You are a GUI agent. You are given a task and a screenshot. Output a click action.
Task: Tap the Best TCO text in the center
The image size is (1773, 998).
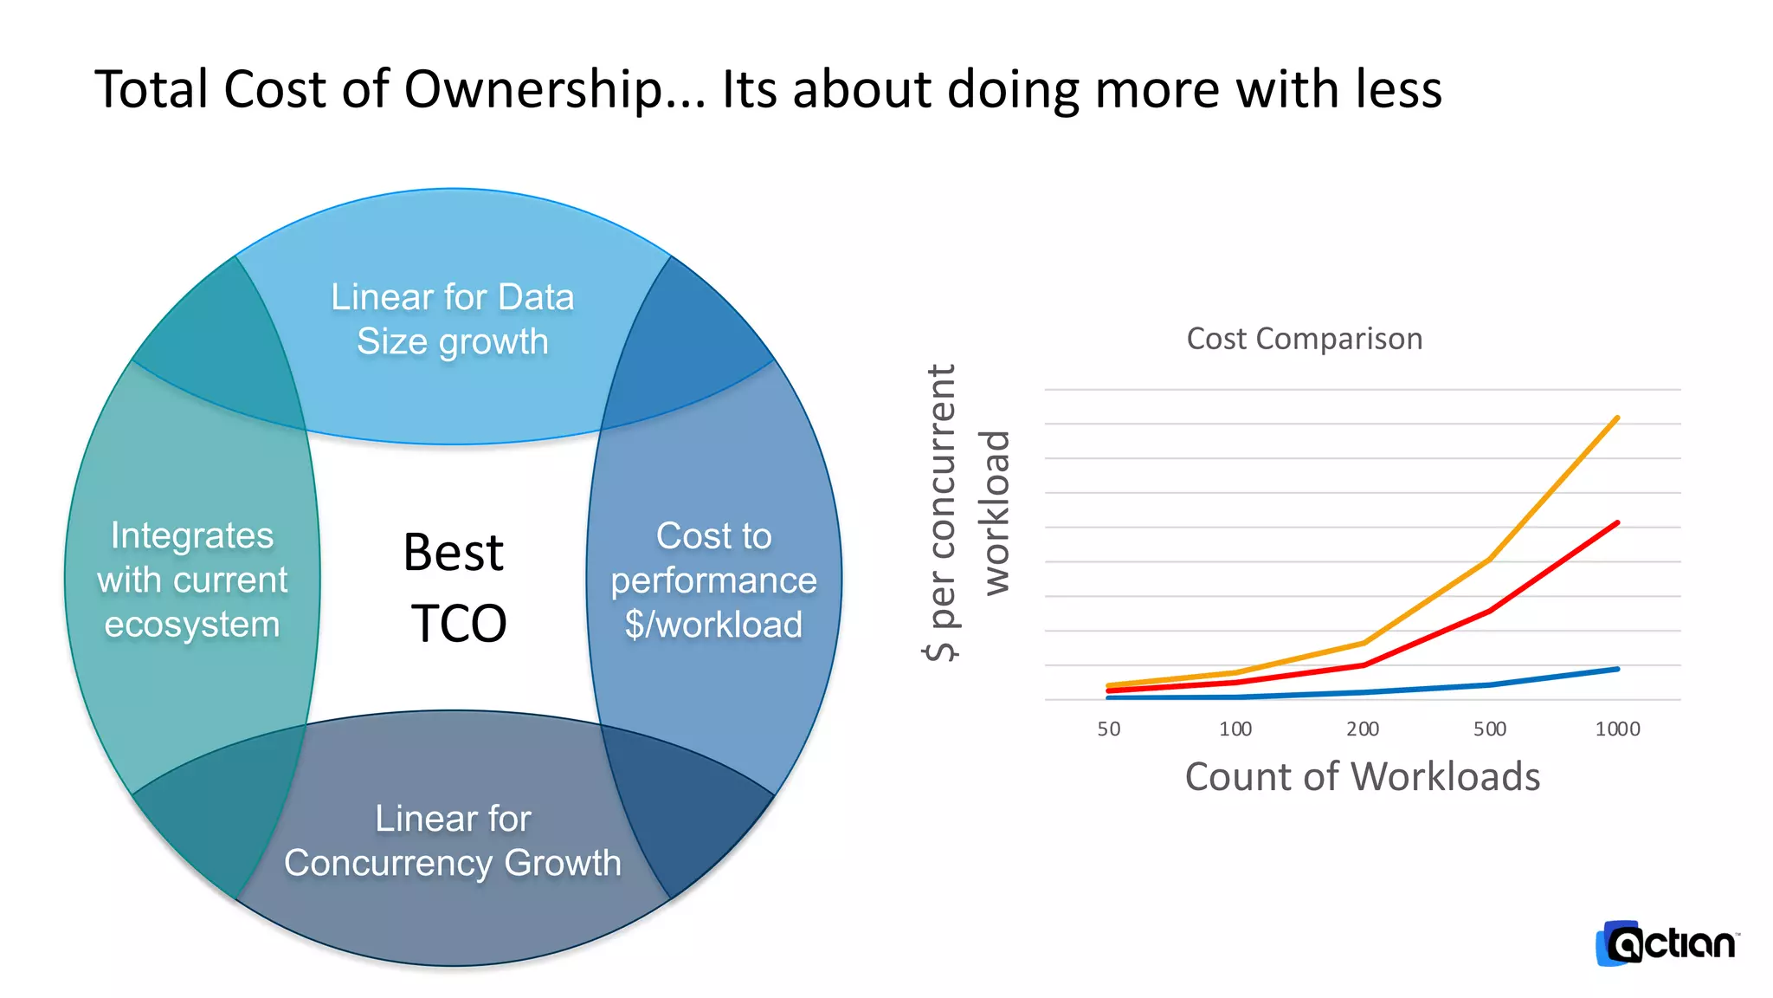(455, 587)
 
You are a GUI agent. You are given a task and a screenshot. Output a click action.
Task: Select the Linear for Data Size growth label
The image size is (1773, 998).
(452, 319)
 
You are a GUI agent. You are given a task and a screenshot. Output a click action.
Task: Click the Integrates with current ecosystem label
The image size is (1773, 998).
(191, 580)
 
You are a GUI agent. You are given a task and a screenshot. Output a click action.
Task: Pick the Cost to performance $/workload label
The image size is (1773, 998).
(713, 580)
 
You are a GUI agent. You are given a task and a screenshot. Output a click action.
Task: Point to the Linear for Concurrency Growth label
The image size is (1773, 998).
(452, 840)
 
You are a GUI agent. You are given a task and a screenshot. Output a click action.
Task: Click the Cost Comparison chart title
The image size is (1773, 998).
(1304, 339)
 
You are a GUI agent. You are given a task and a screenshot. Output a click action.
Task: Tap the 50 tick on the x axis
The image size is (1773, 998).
(1108, 729)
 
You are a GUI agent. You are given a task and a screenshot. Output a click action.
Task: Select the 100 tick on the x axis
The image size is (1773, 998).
(1235, 729)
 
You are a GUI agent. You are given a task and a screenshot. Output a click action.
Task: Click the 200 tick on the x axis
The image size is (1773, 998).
(1363, 729)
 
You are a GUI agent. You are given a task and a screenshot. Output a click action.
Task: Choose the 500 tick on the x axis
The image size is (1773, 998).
(1490, 729)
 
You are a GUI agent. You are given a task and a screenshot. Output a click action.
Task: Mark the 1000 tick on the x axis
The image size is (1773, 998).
(1617, 729)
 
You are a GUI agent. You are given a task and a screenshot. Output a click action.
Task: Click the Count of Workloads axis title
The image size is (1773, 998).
(1362, 776)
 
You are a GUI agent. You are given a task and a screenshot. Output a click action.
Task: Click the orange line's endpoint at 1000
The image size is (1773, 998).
(1617, 418)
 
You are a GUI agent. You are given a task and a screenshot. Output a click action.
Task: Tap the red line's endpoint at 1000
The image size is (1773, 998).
(1617, 523)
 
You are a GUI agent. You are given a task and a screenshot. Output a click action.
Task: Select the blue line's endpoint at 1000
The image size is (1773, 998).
(1617, 669)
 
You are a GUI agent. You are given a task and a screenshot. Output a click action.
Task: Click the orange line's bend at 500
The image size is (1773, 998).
(1490, 560)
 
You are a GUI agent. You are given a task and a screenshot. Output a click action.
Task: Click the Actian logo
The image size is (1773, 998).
(1666, 943)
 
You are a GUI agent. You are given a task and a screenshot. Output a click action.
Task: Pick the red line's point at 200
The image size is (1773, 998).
(1364, 665)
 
